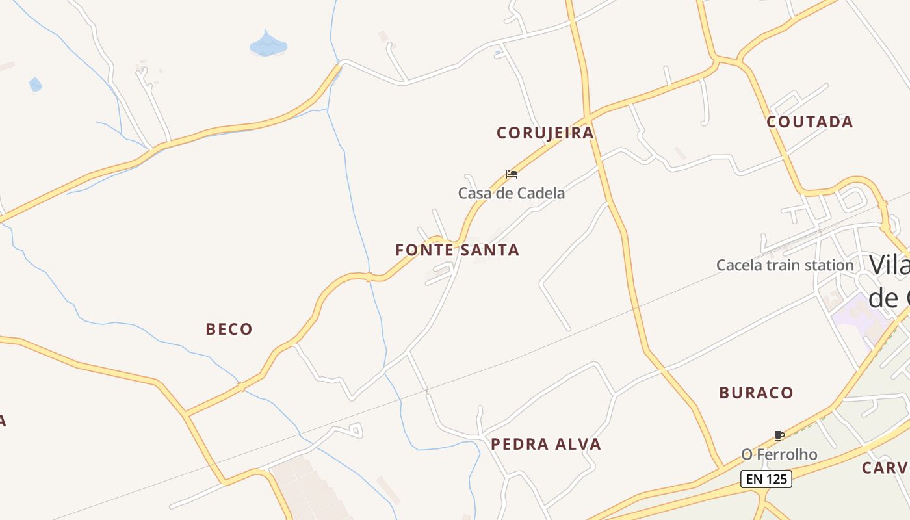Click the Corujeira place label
click(x=545, y=133)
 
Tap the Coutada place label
click(x=809, y=122)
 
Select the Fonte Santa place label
click(x=457, y=250)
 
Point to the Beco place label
click(x=229, y=330)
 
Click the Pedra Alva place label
click(x=545, y=445)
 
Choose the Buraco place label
click(x=756, y=393)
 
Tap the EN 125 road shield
click(x=766, y=480)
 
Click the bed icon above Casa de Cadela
click(x=512, y=174)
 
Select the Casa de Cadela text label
click(x=512, y=193)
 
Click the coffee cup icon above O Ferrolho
click(x=779, y=435)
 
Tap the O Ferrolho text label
click(x=779, y=454)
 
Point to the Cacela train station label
click(x=785, y=265)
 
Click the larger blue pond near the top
click(x=268, y=45)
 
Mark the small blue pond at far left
click(x=35, y=84)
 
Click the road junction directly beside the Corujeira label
click(x=588, y=119)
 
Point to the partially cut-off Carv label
click(x=885, y=468)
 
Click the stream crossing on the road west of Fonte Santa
click(x=369, y=277)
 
